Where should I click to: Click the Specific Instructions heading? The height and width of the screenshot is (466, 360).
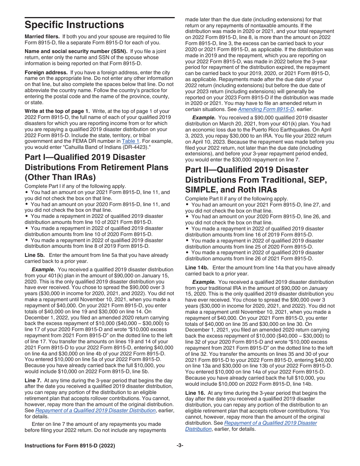click(x=74, y=25)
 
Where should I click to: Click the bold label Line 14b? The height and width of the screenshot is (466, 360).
click(x=196, y=267)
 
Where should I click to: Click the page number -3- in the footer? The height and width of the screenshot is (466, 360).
click(x=180, y=446)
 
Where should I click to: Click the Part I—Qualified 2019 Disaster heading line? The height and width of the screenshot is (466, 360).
click(x=85, y=157)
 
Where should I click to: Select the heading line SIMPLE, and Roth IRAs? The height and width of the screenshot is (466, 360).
click(x=231, y=190)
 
